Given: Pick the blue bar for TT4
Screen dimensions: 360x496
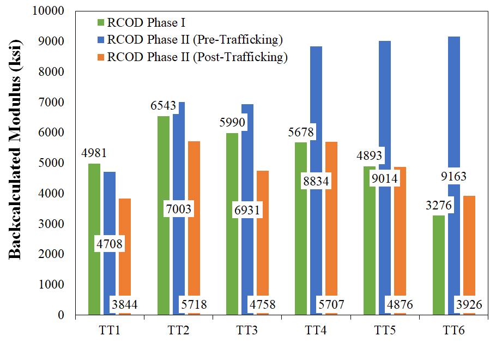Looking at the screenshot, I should pos(316,109).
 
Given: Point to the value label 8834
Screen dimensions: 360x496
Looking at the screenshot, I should pos(316,182).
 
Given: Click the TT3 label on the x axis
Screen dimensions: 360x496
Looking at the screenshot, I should pos(247,329).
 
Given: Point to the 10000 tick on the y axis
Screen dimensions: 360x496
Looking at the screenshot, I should pos(50,11).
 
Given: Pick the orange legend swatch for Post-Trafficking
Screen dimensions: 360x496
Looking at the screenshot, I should pos(100,56).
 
